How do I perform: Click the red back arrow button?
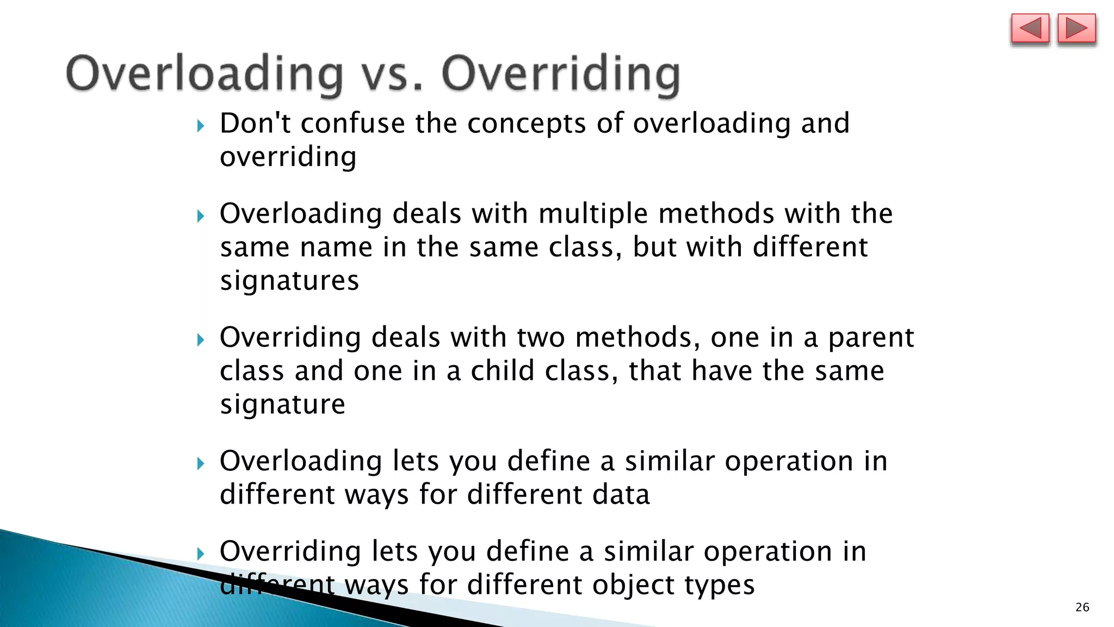[x=1030, y=28]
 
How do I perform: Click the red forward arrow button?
[x=1076, y=28]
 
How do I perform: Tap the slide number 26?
[x=1082, y=607]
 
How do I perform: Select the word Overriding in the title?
[x=560, y=75]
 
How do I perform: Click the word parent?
[x=871, y=338]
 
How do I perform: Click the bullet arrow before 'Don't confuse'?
[x=201, y=126]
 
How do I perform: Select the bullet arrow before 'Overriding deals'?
[x=201, y=340]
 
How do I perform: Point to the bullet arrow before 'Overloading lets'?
[x=201, y=464]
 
